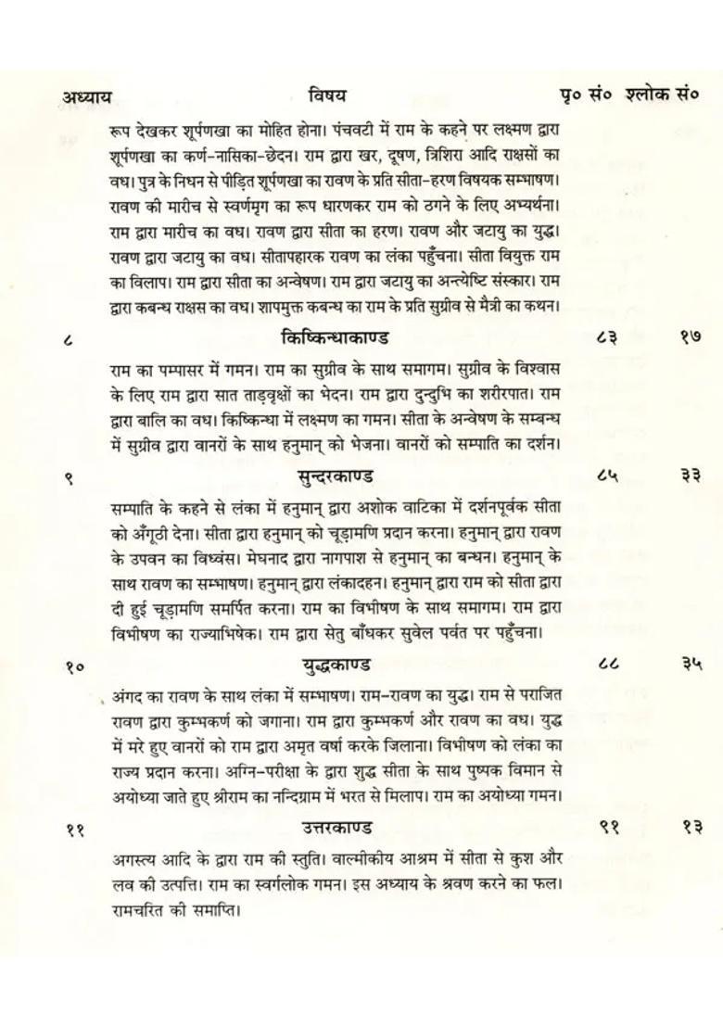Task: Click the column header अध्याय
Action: point(87,96)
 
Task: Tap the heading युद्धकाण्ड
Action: point(336,665)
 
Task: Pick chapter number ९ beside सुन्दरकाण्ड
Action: point(69,479)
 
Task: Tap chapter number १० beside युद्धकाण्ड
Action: point(75,666)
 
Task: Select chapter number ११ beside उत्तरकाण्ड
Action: point(75,830)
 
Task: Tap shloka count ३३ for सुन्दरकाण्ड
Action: point(690,477)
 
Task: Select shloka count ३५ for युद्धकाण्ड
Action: point(691,665)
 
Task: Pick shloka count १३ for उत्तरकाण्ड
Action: point(691,828)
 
